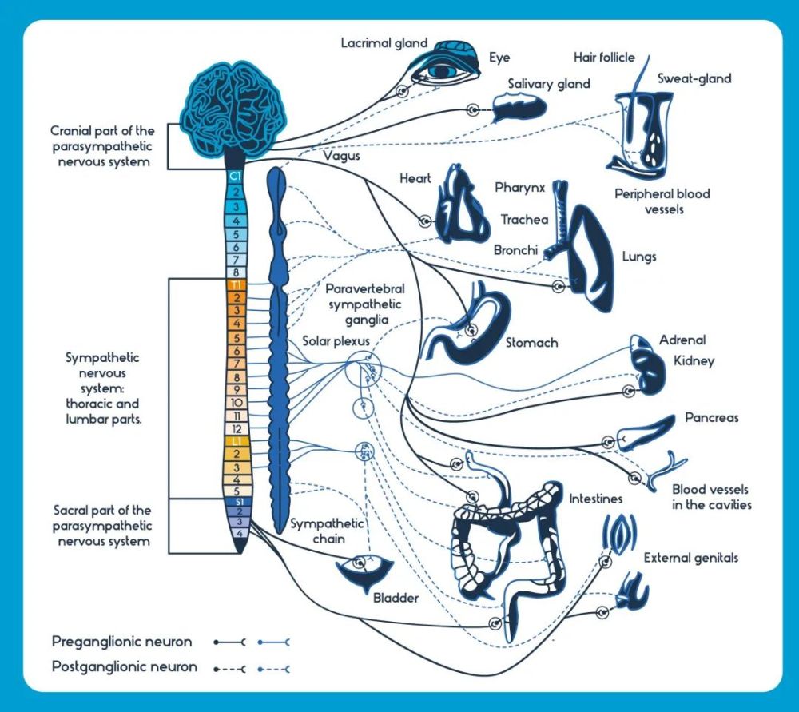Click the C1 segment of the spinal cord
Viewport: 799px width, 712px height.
pyautogui.click(x=236, y=177)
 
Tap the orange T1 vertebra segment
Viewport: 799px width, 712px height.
pyautogui.click(x=236, y=284)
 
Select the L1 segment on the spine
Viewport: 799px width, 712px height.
pyautogui.click(x=236, y=441)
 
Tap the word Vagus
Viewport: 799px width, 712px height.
pyautogui.click(x=341, y=156)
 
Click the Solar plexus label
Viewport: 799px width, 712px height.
pyautogui.click(x=336, y=341)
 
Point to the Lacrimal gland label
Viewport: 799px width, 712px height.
pyautogui.click(x=384, y=43)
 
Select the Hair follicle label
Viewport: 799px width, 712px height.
pyautogui.click(x=604, y=57)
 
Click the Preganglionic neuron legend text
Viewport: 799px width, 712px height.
pyautogui.click(x=121, y=642)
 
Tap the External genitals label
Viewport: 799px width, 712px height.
pyautogui.click(x=691, y=558)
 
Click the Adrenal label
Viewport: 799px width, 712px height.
pyautogui.click(x=682, y=340)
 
